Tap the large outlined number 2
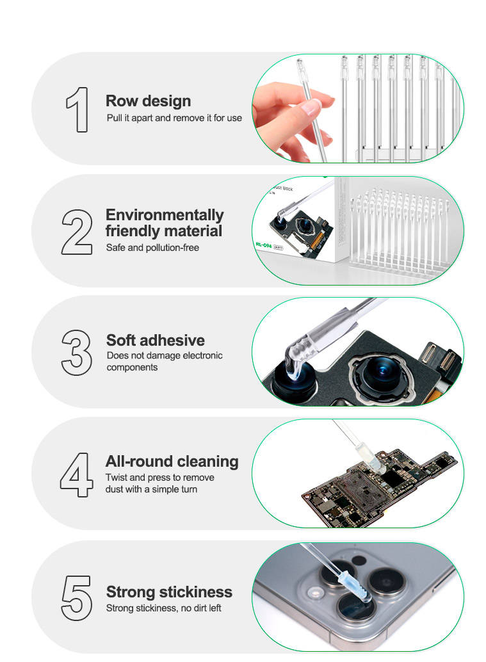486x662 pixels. click(77, 232)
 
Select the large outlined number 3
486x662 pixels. click(76, 353)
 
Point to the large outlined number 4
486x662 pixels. click(76, 475)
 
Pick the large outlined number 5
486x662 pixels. click(77, 598)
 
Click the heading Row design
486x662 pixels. click(148, 101)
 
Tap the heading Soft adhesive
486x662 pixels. click(156, 341)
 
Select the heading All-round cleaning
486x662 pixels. click(172, 462)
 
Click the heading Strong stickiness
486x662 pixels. click(169, 592)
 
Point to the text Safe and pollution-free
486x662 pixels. click(152, 248)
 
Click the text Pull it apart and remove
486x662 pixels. click(155, 118)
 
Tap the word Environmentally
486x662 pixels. click(165, 215)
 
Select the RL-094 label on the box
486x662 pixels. click(263, 245)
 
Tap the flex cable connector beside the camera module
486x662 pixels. click(439, 359)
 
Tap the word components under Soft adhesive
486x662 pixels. click(132, 367)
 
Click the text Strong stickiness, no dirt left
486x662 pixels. click(164, 608)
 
